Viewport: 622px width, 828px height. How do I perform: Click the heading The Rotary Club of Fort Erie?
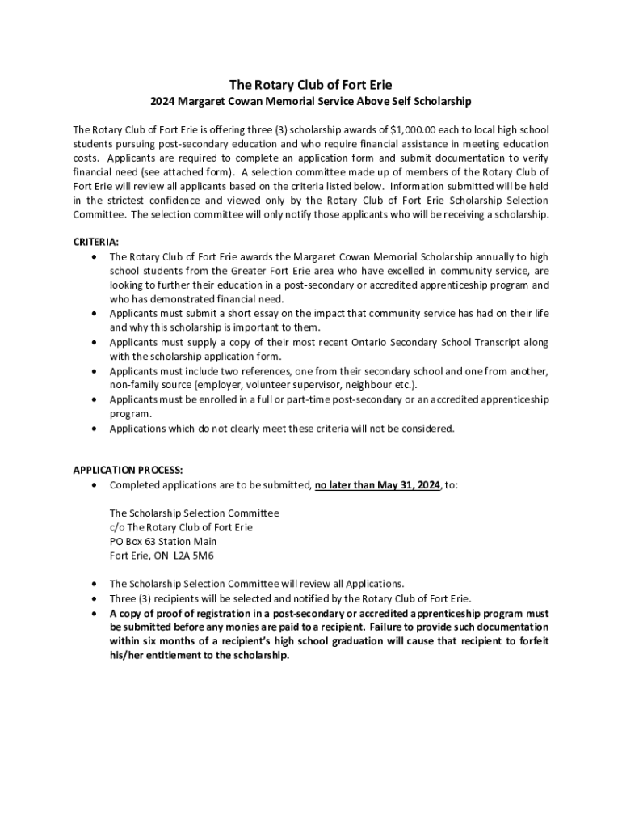tap(311, 84)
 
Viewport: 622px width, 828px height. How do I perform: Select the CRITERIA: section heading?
tap(96, 242)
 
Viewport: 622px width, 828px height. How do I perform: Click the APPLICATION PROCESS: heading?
tap(128, 470)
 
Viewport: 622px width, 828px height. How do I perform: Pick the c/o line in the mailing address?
tap(181, 527)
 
